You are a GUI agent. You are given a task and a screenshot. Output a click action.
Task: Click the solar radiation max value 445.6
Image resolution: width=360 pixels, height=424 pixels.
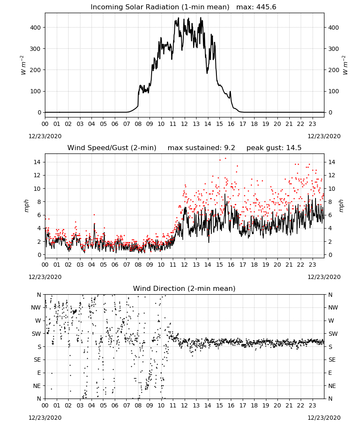coord(266,7)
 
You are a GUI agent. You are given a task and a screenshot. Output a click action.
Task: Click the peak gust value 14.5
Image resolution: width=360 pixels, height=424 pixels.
coord(293,148)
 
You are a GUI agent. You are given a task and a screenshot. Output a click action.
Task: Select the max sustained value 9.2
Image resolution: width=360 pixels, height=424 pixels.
coord(230,148)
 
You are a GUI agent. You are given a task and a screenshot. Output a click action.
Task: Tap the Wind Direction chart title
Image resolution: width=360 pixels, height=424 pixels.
coord(184,288)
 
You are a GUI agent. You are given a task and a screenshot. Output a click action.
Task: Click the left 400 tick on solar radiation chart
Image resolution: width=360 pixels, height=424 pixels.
coord(36,28)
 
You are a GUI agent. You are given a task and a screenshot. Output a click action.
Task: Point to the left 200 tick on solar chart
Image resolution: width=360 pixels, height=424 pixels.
coord(36,70)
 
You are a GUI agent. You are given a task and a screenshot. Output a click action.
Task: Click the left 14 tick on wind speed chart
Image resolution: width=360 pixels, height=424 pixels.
coord(37,162)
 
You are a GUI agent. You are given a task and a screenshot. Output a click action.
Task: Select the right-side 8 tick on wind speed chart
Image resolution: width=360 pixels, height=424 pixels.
coord(330,202)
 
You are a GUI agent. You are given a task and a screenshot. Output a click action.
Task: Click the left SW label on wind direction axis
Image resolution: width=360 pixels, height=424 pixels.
coord(36,334)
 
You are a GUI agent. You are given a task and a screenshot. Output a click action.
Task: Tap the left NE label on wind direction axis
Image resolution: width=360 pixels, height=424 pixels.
coord(37,386)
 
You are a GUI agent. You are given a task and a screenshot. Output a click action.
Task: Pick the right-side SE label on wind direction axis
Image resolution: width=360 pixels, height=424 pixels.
coord(332,360)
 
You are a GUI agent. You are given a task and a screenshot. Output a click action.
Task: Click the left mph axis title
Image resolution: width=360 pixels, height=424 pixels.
coord(26,206)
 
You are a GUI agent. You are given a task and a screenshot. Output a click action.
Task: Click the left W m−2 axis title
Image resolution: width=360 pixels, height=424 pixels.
coord(23,65)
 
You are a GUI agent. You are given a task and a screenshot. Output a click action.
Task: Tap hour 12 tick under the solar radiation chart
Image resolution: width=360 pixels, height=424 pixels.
coord(185,124)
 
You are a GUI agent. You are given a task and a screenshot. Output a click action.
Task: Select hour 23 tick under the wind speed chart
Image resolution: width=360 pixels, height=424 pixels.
coord(312,265)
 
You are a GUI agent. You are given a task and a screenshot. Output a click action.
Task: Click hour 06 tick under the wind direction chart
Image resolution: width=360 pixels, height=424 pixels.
coord(115,405)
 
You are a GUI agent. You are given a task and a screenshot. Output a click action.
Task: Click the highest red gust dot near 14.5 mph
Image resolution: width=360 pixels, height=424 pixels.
coord(225,159)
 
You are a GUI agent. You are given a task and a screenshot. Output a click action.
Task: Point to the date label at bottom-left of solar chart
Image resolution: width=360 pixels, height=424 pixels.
coord(45,136)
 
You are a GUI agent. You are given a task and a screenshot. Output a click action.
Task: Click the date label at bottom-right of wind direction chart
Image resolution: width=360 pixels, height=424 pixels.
coord(324,418)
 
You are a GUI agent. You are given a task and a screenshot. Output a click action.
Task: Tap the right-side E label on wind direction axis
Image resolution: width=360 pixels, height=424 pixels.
coord(330,373)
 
